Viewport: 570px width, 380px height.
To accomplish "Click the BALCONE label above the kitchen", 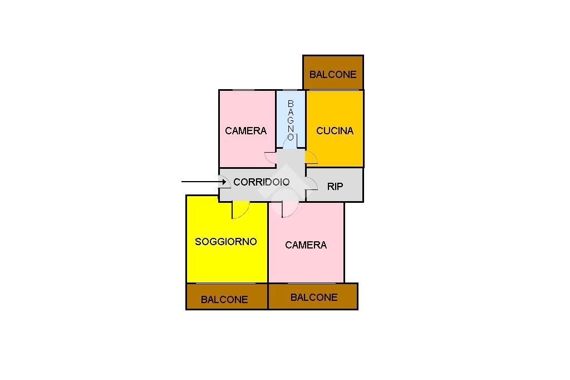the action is coord(333,74).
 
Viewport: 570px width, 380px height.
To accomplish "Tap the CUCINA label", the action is coord(335,131).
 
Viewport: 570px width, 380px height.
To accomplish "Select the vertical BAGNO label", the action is coord(291,120).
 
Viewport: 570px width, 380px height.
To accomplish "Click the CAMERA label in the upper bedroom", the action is coord(245,131).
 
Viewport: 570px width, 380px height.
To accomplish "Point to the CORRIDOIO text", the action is coord(261,182).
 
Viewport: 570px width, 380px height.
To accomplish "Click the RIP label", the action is coord(335,187).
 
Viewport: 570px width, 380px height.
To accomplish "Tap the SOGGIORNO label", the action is coord(226,242).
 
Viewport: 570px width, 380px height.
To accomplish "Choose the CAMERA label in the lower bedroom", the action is coord(306,245).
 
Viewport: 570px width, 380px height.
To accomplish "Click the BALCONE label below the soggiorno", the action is coord(224,299).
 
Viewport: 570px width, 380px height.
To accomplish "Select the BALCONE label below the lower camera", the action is coord(314,298).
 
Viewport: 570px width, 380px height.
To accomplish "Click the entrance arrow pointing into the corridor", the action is coord(203,182).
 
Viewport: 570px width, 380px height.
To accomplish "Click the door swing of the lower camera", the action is coord(290,208).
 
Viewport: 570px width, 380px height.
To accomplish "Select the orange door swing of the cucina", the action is coord(311,158).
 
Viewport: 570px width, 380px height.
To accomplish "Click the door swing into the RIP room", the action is coord(312,184).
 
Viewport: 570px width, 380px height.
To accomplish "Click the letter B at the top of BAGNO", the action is coord(291,104).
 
